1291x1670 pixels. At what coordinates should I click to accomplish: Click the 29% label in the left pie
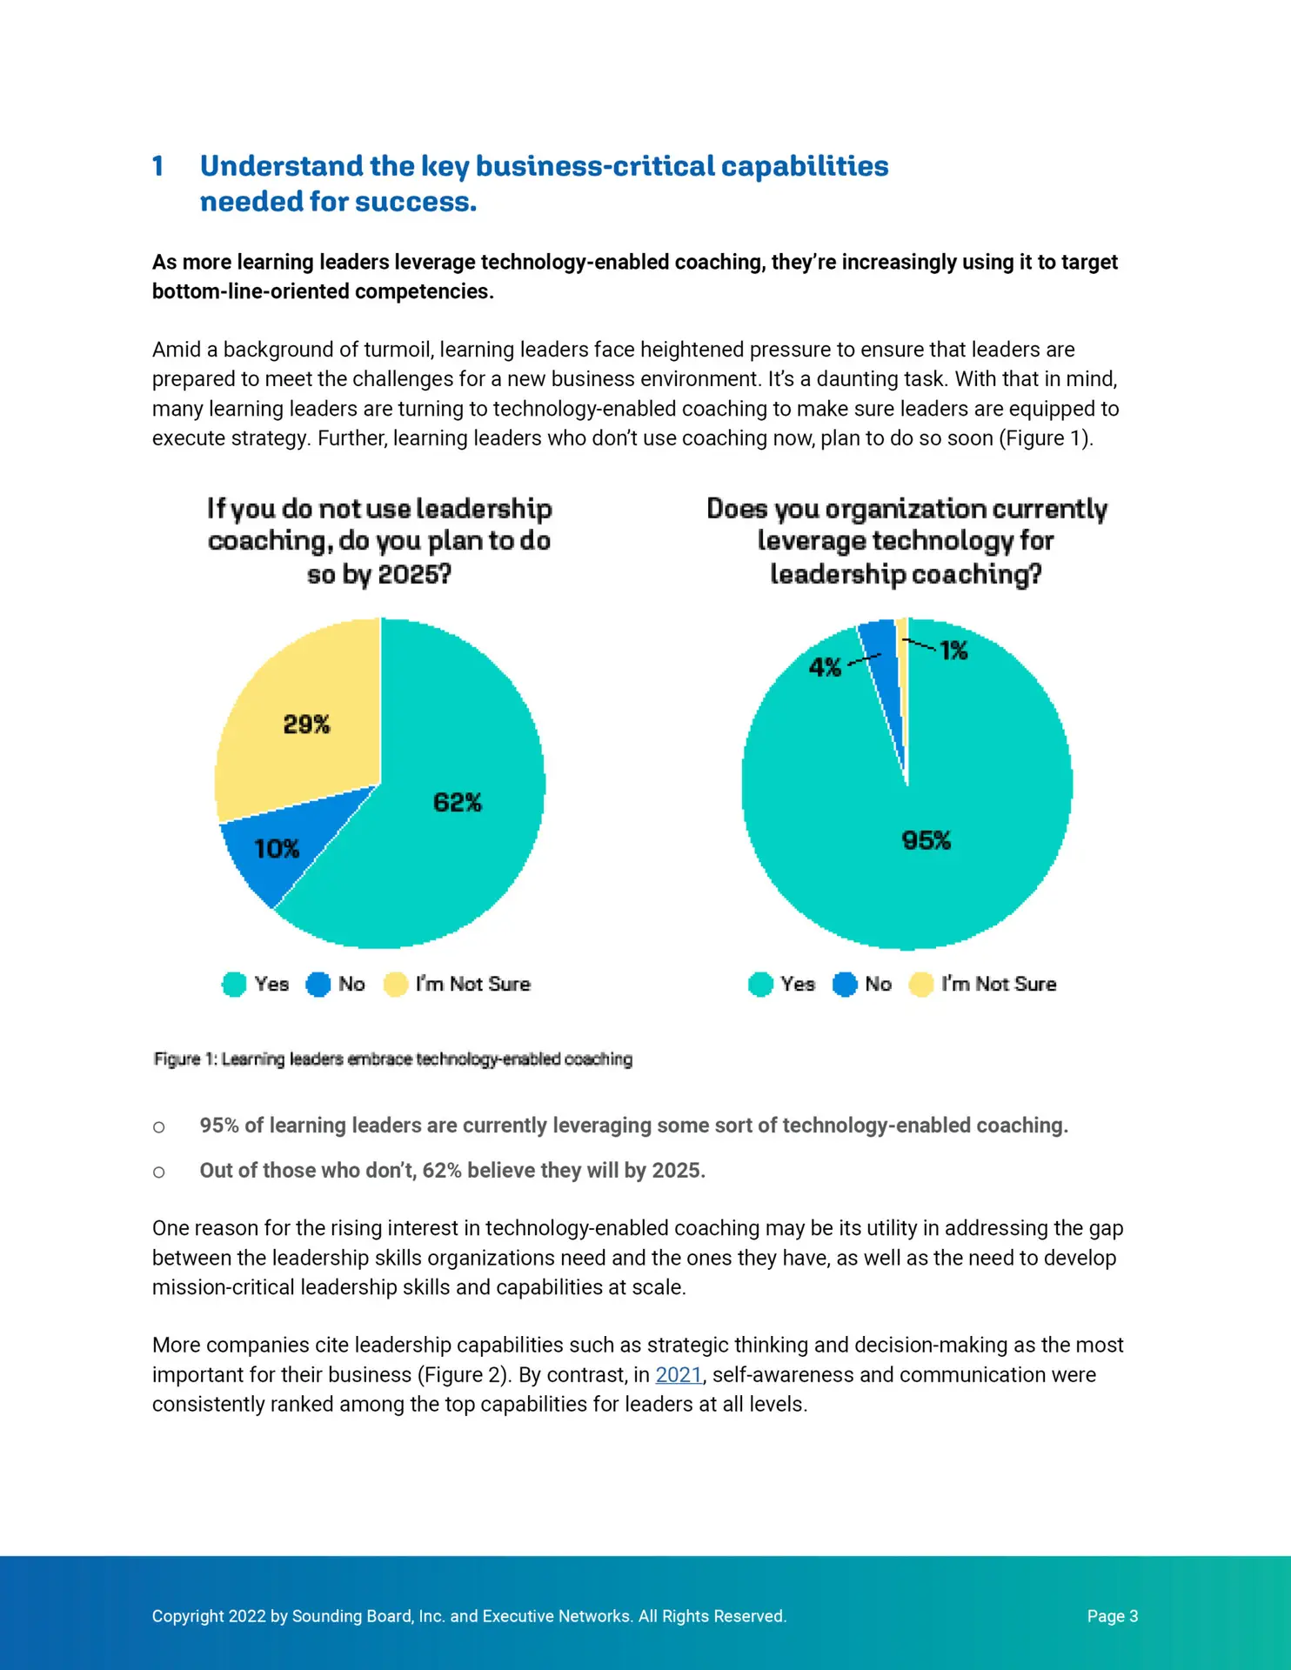point(306,725)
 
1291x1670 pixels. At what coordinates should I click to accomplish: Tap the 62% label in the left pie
point(458,802)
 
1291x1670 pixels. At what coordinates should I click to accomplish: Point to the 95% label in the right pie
point(926,840)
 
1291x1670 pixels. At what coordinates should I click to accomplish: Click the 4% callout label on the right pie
point(825,667)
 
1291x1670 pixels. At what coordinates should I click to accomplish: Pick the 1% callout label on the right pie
point(953,651)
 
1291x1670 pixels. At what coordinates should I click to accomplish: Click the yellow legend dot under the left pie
point(396,985)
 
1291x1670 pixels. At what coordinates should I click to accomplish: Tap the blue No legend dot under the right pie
point(845,985)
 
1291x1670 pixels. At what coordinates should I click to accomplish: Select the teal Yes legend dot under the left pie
point(234,985)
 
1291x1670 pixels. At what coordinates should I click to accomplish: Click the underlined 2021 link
point(679,1375)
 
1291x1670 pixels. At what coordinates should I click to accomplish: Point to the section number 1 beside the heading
point(157,166)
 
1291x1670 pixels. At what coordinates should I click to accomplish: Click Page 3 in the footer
point(1113,1616)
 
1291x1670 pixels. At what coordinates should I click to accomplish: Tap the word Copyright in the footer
point(188,1616)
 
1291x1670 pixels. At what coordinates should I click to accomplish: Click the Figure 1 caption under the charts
point(393,1059)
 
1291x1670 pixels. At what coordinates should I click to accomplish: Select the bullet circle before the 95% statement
point(158,1127)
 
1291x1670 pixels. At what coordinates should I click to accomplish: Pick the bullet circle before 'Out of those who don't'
point(158,1172)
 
